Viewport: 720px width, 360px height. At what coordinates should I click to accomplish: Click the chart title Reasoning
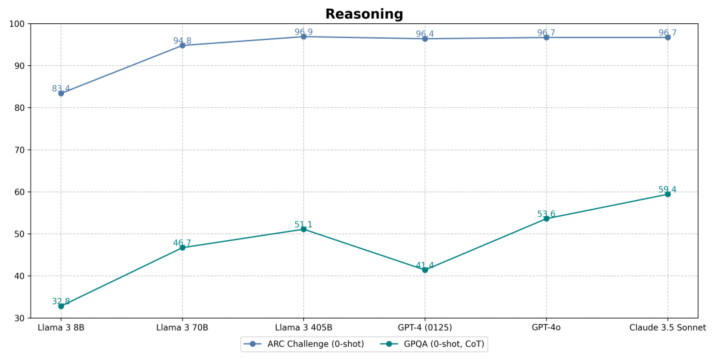click(x=364, y=14)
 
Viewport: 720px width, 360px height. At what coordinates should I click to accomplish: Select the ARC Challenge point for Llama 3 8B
click(x=61, y=93)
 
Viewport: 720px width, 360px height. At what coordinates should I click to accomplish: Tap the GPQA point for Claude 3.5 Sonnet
click(x=667, y=194)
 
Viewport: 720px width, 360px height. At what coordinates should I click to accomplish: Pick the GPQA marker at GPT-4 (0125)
click(x=425, y=270)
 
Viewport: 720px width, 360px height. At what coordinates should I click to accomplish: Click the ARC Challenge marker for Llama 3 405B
click(x=303, y=37)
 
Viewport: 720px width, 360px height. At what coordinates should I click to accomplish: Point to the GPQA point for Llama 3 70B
click(x=182, y=247)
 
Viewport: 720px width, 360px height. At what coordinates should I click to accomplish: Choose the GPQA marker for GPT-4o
click(x=546, y=219)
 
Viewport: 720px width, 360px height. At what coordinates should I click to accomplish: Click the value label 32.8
click(x=61, y=301)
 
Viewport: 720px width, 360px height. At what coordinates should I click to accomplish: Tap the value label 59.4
click(x=667, y=190)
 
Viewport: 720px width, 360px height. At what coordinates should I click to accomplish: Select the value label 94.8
click(x=182, y=41)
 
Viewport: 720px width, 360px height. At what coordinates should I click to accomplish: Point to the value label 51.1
click(x=303, y=225)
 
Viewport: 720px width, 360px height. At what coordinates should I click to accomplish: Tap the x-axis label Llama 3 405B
click(x=303, y=327)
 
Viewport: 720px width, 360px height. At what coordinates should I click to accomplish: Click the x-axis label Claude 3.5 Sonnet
click(x=667, y=327)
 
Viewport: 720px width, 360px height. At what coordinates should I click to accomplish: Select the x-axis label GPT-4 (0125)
click(x=425, y=327)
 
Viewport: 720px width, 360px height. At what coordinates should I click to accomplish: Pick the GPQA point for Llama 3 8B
click(x=61, y=306)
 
